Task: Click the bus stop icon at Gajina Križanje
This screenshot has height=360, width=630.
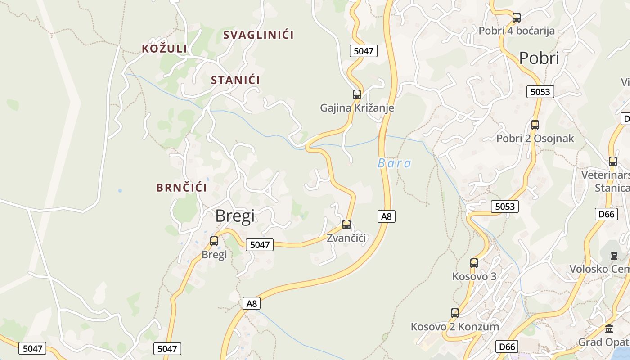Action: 357,94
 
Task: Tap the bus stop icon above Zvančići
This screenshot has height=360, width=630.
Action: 346,224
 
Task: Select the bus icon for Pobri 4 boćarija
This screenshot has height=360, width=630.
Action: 517,18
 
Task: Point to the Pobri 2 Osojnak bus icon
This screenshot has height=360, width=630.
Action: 535,125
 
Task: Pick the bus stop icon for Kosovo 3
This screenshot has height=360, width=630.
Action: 474,263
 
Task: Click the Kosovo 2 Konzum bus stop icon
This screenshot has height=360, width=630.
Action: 455,313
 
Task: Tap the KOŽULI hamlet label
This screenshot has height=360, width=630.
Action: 164,49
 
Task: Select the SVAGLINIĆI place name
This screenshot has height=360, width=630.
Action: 258,35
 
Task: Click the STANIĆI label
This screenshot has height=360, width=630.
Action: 235,80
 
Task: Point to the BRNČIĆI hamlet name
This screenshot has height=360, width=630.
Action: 181,188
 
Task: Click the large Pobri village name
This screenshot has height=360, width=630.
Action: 539,58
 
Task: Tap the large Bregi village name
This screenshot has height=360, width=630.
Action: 235,216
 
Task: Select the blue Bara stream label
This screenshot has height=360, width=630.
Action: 394,163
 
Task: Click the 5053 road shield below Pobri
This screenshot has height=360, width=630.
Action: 540,92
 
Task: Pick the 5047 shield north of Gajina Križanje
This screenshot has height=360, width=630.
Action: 363,51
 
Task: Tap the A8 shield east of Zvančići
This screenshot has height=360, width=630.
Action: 386,216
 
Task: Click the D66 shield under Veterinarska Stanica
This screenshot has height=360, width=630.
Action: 606,214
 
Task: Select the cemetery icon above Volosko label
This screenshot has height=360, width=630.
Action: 614,256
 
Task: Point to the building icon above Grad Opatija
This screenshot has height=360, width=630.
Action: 609,328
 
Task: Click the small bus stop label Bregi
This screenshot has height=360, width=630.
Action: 214,254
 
